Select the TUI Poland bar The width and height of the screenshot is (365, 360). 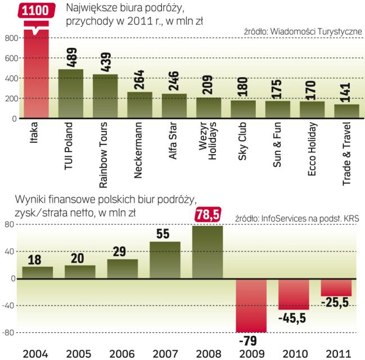point(71,94)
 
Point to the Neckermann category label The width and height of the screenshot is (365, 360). point(139,151)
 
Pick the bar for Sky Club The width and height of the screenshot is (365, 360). point(243,109)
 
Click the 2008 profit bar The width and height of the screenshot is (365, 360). point(208,252)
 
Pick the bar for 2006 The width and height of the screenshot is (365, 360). point(123,269)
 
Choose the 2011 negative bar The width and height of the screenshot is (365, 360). point(336,287)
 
